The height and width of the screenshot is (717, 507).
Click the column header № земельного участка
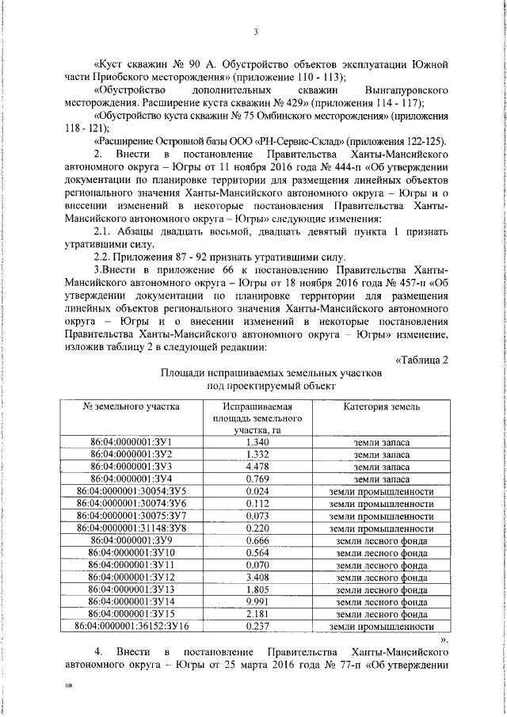click(132, 406)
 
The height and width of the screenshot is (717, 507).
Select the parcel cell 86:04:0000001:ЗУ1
click(132, 442)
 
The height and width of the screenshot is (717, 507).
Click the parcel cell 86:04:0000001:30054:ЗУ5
click(132, 491)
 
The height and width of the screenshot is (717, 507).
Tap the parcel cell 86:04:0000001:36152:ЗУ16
click(132, 627)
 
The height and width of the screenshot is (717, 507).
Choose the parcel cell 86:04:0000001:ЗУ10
click(132, 553)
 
